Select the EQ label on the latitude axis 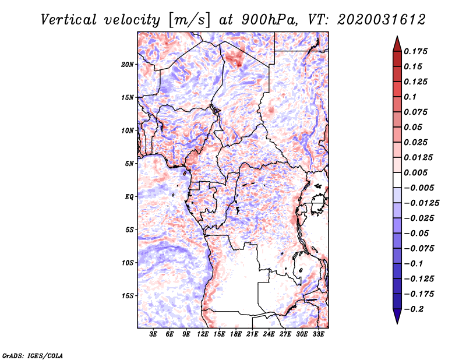point(129,197)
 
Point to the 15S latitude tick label point(128,296)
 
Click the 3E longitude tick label point(154,335)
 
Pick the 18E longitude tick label point(236,335)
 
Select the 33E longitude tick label point(318,335)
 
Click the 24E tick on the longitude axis point(269,335)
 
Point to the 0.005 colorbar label point(419,172)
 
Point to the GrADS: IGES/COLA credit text point(24,355)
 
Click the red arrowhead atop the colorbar point(396,41)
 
